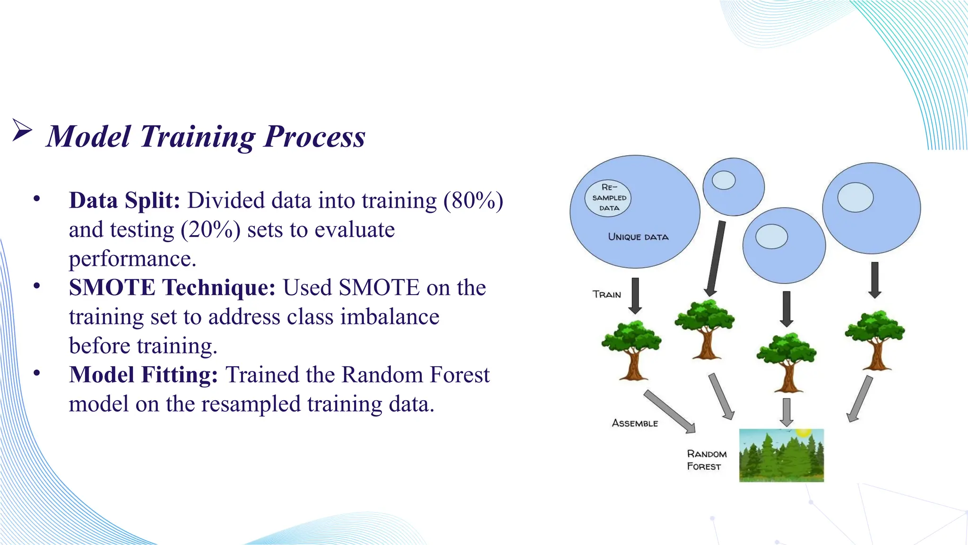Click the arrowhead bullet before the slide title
click(22, 131)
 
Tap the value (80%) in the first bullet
click(473, 201)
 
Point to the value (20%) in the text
click(210, 230)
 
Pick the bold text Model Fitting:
click(143, 375)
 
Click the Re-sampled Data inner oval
click(608, 198)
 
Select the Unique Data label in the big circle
click(638, 237)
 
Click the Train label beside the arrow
click(607, 295)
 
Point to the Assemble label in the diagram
click(635, 423)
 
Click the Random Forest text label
click(706, 460)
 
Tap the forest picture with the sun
click(781, 455)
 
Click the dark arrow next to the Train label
click(636, 296)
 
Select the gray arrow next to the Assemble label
click(670, 411)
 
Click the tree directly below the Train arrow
click(631, 351)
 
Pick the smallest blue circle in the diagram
click(733, 187)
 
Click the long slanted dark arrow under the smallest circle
click(715, 258)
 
